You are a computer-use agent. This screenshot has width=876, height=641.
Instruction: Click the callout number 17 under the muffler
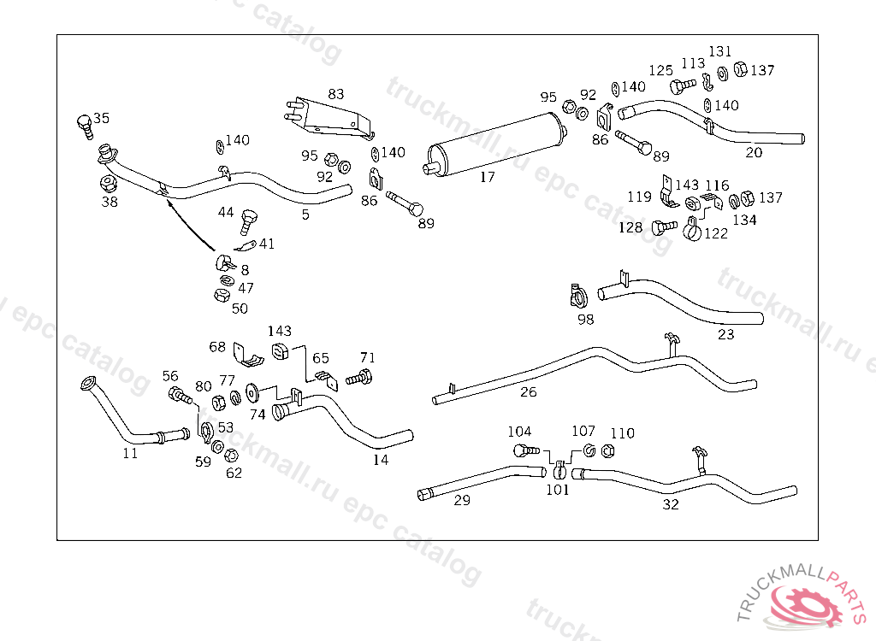(487, 178)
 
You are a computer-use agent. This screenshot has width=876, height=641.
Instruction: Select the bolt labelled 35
(85, 126)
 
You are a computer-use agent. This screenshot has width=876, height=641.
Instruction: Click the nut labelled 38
(109, 184)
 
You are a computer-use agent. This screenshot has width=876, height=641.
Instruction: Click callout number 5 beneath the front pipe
(305, 215)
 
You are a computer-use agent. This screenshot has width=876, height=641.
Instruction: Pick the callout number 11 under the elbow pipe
(130, 454)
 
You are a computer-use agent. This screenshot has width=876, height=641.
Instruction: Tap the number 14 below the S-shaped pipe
(381, 460)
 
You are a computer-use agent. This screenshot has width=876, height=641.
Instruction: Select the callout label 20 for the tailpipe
(753, 153)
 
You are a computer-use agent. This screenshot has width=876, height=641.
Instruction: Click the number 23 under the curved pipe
(725, 335)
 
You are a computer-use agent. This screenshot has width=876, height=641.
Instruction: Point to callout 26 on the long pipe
(529, 392)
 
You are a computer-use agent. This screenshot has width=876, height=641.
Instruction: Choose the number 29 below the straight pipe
(462, 501)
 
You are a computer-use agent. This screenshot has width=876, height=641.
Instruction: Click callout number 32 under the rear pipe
(671, 504)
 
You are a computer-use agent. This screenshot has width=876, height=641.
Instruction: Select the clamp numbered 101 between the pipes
(558, 470)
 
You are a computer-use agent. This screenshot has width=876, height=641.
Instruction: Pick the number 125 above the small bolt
(660, 71)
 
